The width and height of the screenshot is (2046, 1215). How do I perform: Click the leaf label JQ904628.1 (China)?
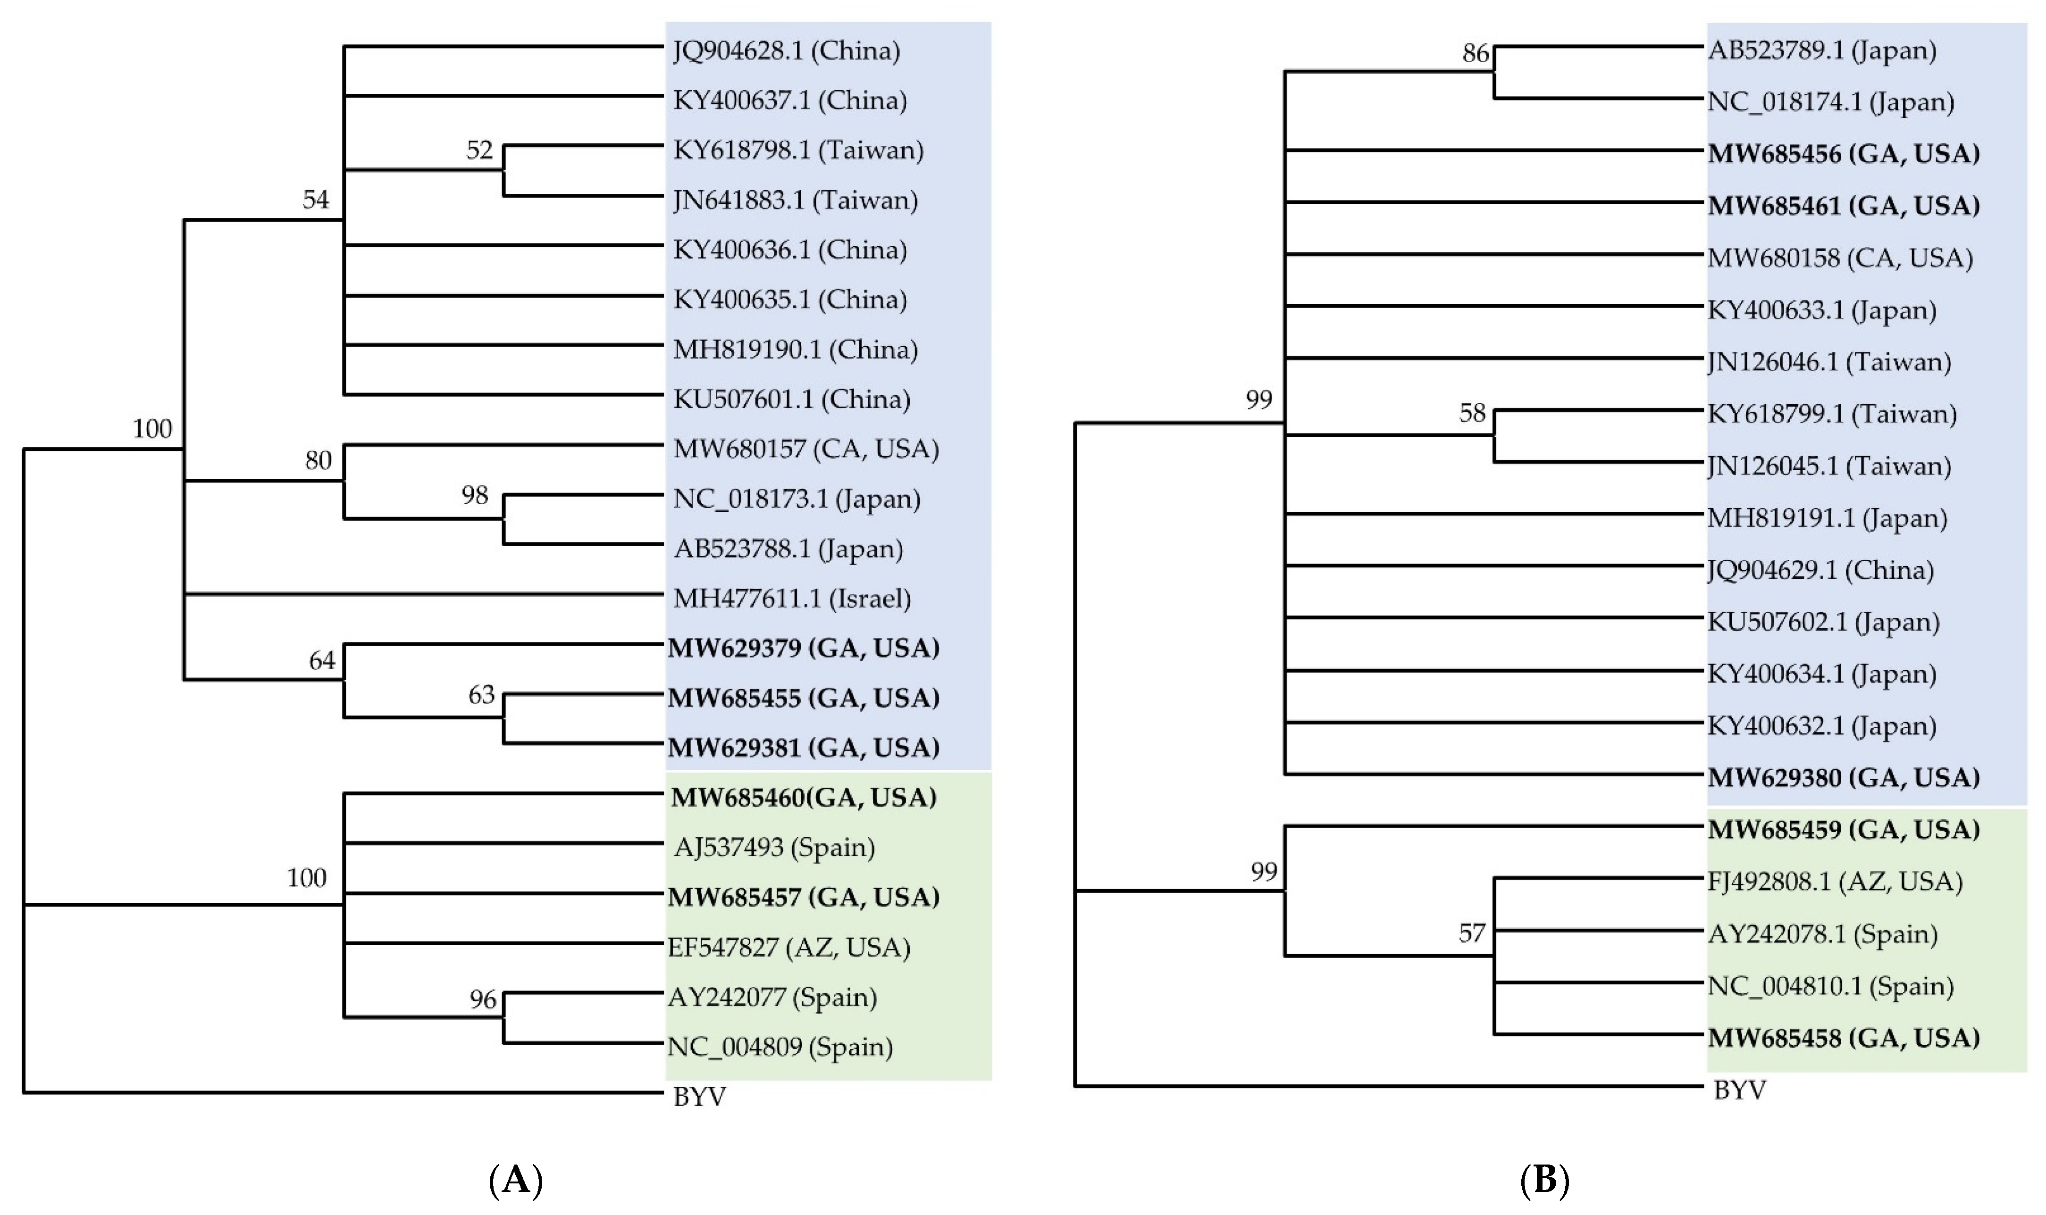[786, 51]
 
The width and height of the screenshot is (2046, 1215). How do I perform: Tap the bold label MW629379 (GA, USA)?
[803, 649]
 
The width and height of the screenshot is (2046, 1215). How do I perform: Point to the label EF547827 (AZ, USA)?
[789, 947]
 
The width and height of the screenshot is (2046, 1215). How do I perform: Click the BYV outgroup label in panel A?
[699, 1096]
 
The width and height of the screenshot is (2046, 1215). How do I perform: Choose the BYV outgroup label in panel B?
[1740, 1090]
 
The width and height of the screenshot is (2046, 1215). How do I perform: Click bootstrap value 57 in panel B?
[1472, 933]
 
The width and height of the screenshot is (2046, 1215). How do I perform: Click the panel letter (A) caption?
[516, 1181]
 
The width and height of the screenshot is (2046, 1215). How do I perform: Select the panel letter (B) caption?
[1544, 1181]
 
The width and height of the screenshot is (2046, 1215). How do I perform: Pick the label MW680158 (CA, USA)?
[1840, 258]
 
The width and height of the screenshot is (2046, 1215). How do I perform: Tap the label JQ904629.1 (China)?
[1820, 570]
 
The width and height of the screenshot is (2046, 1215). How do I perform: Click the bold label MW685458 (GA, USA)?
[1843, 1038]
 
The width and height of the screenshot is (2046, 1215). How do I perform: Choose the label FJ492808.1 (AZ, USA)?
[1835, 882]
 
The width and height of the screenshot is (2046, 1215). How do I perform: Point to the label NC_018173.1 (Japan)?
[796, 499]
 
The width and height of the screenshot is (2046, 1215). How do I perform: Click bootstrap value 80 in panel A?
[319, 461]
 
